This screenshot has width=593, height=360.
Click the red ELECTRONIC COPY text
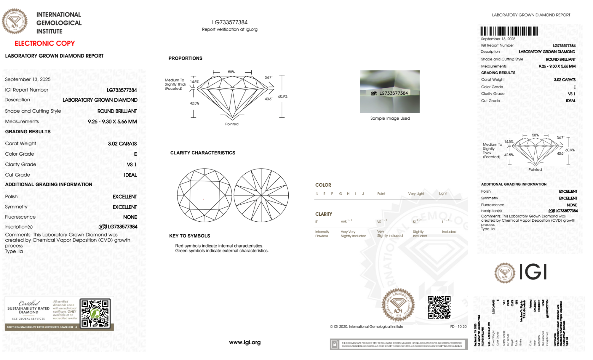(45, 44)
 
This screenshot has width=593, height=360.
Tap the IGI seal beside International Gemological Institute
(15, 21)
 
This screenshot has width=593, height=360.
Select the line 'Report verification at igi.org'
(230, 29)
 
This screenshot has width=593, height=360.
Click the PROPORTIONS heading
(186, 58)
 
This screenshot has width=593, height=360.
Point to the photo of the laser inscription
(390, 92)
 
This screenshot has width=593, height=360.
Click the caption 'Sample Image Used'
(390, 118)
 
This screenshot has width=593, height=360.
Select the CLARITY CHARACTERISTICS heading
(203, 153)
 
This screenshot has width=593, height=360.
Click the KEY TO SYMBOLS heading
(190, 236)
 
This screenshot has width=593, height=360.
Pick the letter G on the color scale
(341, 194)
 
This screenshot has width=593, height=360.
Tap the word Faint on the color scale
(381, 194)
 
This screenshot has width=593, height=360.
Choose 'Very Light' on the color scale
(416, 194)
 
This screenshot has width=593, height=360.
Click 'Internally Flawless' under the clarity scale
(322, 234)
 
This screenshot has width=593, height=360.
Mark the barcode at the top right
(509, 31)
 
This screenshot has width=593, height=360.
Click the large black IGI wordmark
(533, 272)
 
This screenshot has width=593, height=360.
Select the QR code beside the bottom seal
(439, 307)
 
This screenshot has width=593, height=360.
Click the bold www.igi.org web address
(245, 343)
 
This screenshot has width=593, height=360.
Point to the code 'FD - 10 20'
(458, 327)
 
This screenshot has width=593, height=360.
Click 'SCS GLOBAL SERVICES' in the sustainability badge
(28, 319)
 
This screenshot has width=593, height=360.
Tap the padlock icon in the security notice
(335, 344)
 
